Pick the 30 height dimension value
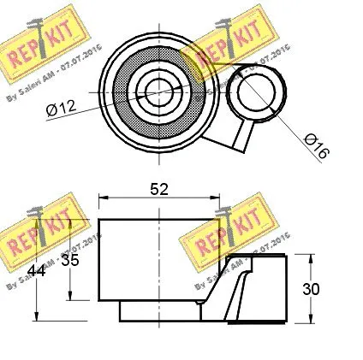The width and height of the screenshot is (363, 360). pos(311,289)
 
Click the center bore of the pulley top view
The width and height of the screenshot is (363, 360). pos(157,87)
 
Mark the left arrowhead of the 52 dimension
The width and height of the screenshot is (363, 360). pos(104,198)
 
